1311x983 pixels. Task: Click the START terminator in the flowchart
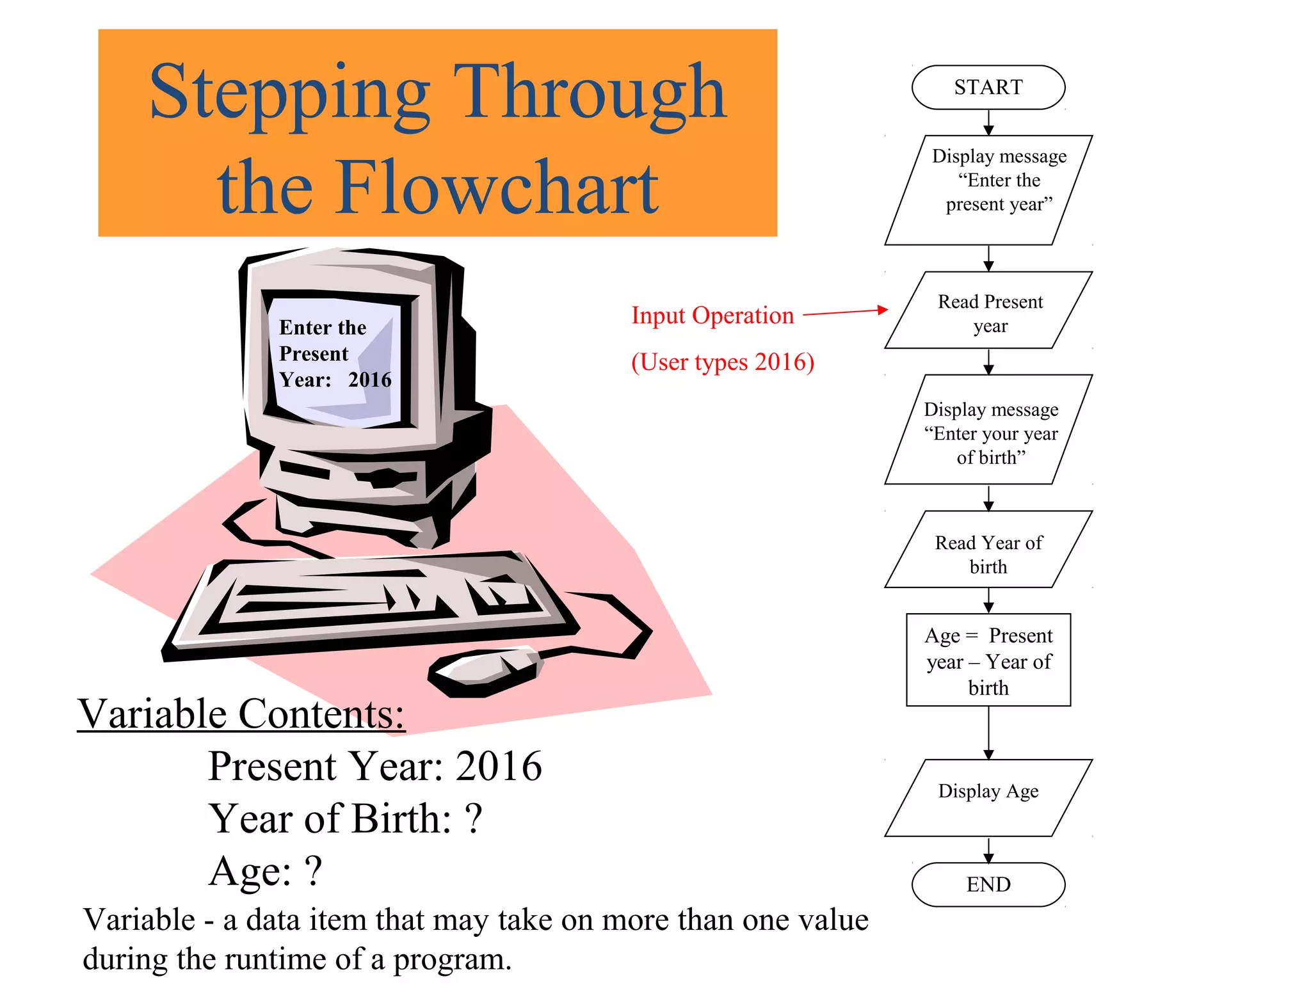988,87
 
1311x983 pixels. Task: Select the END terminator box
988,884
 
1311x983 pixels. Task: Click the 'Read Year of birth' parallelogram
988,550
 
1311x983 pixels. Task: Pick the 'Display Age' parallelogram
988,797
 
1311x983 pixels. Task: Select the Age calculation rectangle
988,660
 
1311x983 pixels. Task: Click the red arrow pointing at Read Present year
845,312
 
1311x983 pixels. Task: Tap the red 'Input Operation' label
712,316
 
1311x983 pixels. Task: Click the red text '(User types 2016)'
722,362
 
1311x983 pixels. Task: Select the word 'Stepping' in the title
289,93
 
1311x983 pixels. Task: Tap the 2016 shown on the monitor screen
369,380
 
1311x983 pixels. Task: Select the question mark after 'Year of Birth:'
473,819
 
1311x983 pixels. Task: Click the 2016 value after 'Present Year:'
498,766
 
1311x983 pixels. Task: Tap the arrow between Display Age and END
988,850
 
